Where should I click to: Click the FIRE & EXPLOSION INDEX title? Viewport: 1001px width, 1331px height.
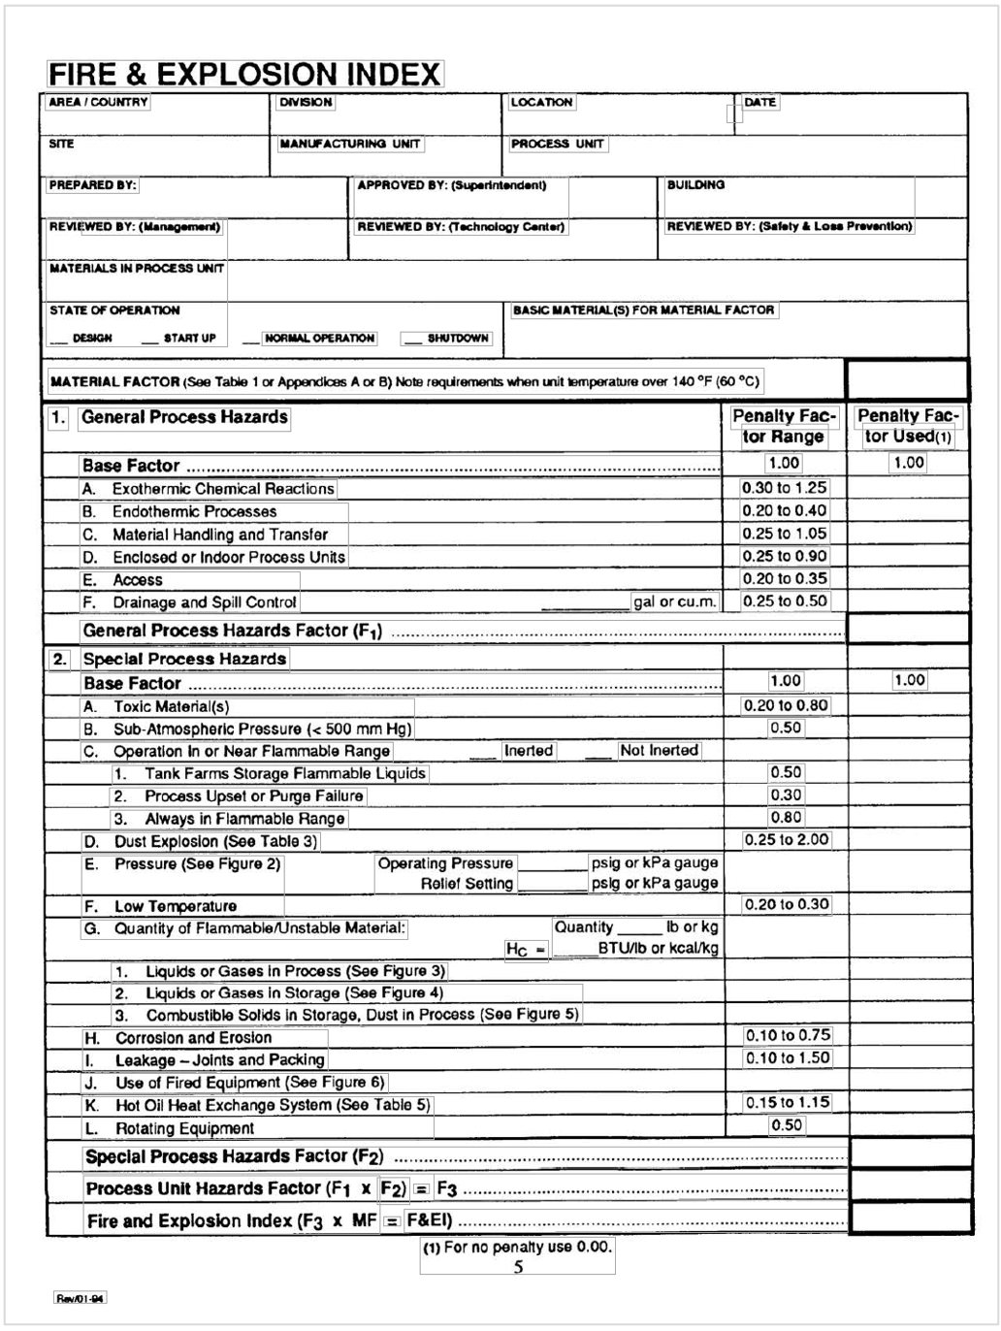(244, 75)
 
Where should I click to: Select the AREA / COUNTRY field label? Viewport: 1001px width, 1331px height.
(98, 102)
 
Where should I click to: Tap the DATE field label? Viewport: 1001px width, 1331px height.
(759, 102)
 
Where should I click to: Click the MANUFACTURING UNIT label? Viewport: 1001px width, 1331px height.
(350, 144)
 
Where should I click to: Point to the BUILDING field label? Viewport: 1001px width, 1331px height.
(695, 184)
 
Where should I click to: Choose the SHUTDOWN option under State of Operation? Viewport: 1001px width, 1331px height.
(458, 338)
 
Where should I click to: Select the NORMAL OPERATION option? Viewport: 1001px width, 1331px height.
(319, 338)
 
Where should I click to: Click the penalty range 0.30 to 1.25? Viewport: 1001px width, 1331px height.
(784, 488)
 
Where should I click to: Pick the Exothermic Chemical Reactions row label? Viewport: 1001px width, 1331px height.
(222, 489)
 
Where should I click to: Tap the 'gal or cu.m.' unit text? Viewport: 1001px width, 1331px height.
(674, 601)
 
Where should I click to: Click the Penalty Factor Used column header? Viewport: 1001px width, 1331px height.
(908, 426)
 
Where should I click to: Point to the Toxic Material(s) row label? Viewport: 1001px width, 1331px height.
(171, 706)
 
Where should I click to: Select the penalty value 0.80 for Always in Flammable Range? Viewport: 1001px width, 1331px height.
(786, 817)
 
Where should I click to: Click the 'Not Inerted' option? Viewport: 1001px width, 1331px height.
(659, 750)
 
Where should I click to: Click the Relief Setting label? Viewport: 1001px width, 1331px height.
(466, 884)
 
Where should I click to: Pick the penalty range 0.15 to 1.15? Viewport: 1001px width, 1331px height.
(787, 1102)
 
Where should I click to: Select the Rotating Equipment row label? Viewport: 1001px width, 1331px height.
(184, 1128)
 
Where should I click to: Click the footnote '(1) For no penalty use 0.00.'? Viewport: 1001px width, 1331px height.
(517, 1247)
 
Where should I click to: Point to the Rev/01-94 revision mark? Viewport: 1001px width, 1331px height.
(80, 1298)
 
